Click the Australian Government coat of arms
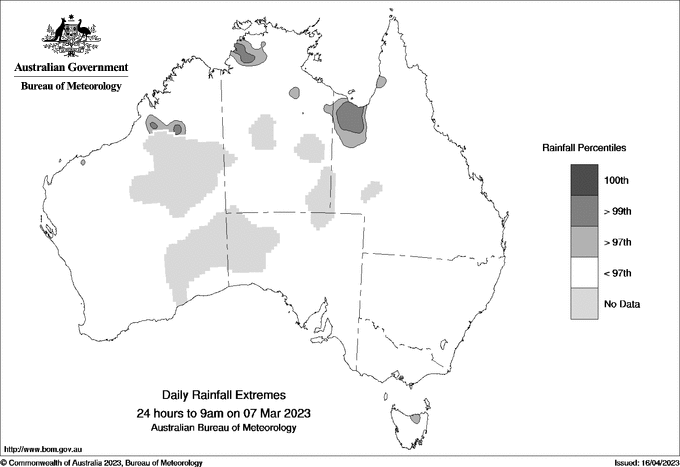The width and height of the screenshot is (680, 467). coord(71,36)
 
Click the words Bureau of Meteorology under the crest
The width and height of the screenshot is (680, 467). coord(71,86)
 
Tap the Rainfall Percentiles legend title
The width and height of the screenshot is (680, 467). coord(584,147)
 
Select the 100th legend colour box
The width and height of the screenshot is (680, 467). coord(584,180)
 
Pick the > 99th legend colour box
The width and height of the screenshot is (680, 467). coord(584,211)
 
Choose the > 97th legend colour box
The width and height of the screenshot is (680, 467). coord(584,242)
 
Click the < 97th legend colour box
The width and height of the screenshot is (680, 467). coord(584,273)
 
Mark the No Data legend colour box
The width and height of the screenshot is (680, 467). coord(584,304)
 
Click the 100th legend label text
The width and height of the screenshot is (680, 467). coord(616,181)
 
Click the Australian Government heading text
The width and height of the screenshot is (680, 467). coord(71,68)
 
